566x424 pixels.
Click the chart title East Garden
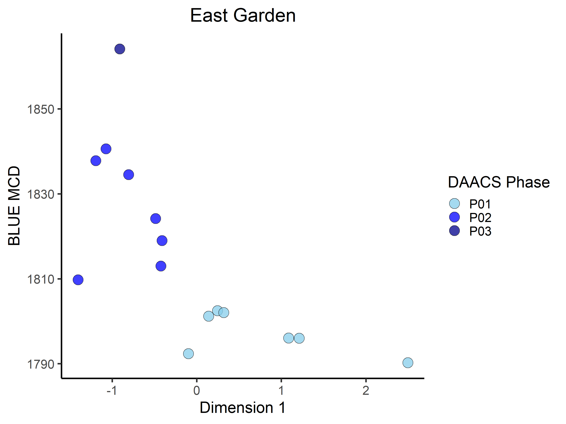243,16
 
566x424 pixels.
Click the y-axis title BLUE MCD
14,206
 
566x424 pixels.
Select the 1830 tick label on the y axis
40,194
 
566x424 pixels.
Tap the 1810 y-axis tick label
40,279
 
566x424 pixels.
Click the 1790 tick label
40,364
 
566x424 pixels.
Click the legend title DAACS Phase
499,182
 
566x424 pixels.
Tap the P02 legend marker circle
454,217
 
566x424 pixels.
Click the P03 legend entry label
480,231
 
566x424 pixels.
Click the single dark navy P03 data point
120,49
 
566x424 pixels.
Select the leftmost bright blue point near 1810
78,280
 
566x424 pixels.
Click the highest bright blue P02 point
106,149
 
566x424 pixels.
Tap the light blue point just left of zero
188,354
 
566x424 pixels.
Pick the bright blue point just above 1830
128,175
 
